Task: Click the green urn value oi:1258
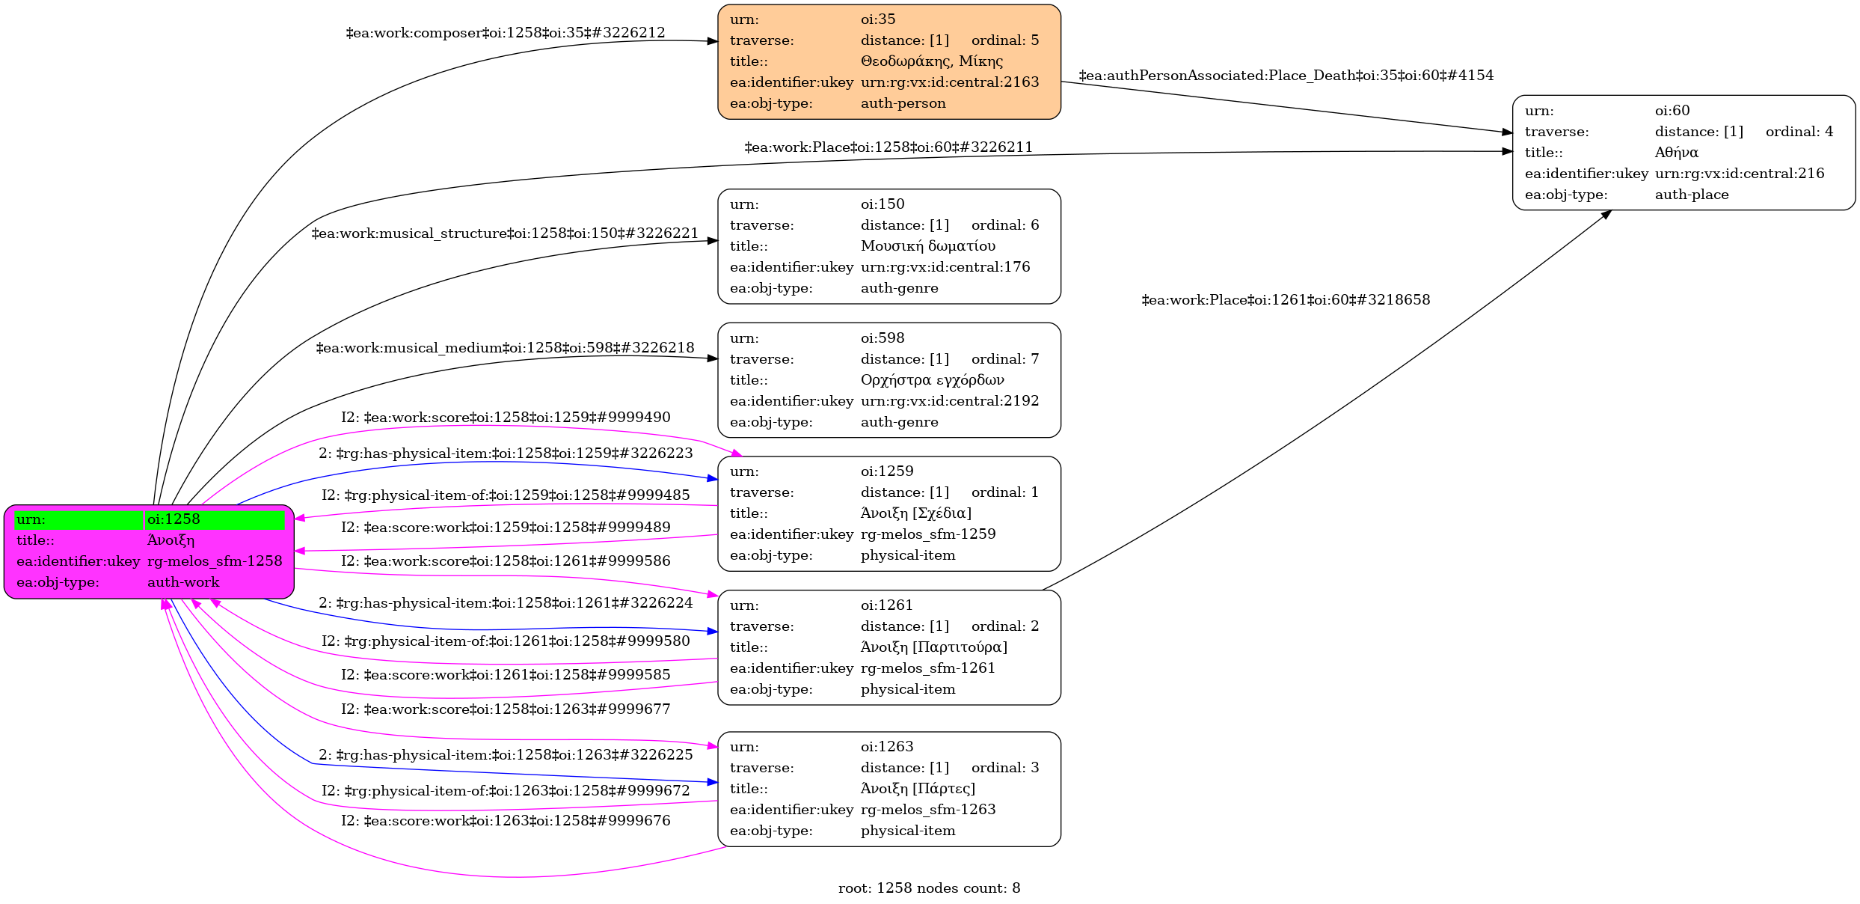pyautogui.click(x=174, y=519)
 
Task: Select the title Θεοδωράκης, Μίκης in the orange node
pyautogui.click(x=931, y=61)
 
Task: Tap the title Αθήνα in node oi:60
pyautogui.click(x=1676, y=153)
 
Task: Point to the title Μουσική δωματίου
pyautogui.click(x=927, y=246)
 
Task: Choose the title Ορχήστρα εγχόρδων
pyautogui.click(x=932, y=380)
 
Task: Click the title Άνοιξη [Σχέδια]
pyautogui.click(x=915, y=513)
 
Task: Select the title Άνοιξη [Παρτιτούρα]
pyautogui.click(x=933, y=647)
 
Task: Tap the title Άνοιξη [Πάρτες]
pyautogui.click(x=918, y=789)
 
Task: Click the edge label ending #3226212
pyautogui.click(x=505, y=33)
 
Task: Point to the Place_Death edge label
pyautogui.click(x=1286, y=76)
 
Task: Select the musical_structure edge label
pyautogui.click(x=505, y=233)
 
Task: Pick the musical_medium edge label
pyautogui.click(x=505, y=348)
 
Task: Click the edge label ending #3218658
pyautogui.click(x=1286, y=300)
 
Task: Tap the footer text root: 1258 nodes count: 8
pyautogui.click(x=929, y=888)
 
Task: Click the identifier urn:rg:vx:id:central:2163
pyautogui.click(x=950, y=82)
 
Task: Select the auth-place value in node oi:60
pyautogui.click(x=1692, y=195)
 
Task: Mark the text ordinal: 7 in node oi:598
pyautogui.click(x=1005, y=359)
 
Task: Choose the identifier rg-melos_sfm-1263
pyautogui.click(x=928, y=810)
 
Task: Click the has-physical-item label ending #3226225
pyautogui.click(x=506, y=755)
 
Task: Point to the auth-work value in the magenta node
pyautogui.click(x=183, y=582)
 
